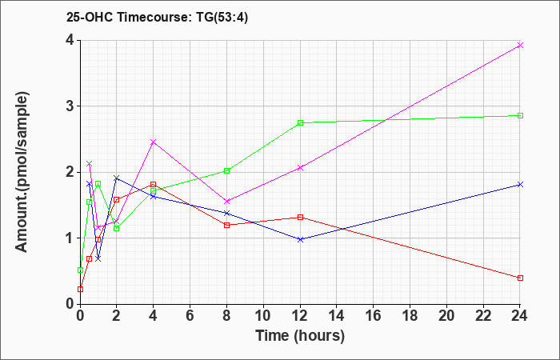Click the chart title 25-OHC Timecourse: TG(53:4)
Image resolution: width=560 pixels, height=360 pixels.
[x=157, y=18]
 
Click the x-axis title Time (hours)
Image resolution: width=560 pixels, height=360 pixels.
[x=300, y=336]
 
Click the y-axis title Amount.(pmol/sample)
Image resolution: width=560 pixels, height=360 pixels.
[x=22, y=172]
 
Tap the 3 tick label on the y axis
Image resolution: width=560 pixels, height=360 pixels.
[x=70, y=106]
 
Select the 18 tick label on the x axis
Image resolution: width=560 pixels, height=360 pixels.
[x=410, y=316]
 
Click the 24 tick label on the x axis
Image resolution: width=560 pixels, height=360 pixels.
[x=520, y=316]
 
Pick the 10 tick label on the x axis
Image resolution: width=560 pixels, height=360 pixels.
[x=263, y=316]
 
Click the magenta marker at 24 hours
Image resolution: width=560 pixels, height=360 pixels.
[x=520, y=45]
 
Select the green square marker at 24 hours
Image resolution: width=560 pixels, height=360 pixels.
[x=520, y=116]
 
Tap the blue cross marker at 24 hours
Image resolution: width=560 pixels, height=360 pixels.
[x=520, y=184]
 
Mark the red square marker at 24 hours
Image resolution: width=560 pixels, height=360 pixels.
[x=520, y=278]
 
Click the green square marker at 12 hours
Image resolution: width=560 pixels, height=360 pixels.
[x=300, y=123]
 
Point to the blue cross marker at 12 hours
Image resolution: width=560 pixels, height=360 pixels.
[x=300, y=240]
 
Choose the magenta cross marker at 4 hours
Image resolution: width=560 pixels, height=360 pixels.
[x=154, y=142]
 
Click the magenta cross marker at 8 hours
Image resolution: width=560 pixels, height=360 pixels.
[x=226, y=202]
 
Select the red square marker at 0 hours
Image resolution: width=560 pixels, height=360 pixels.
[x=80, y=290]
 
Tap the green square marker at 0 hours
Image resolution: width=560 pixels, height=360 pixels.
[x=80, y=270]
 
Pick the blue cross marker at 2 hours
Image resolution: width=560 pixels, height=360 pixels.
[x=117, y=178]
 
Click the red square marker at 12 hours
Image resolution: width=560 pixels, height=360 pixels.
[x=300, y=217]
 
